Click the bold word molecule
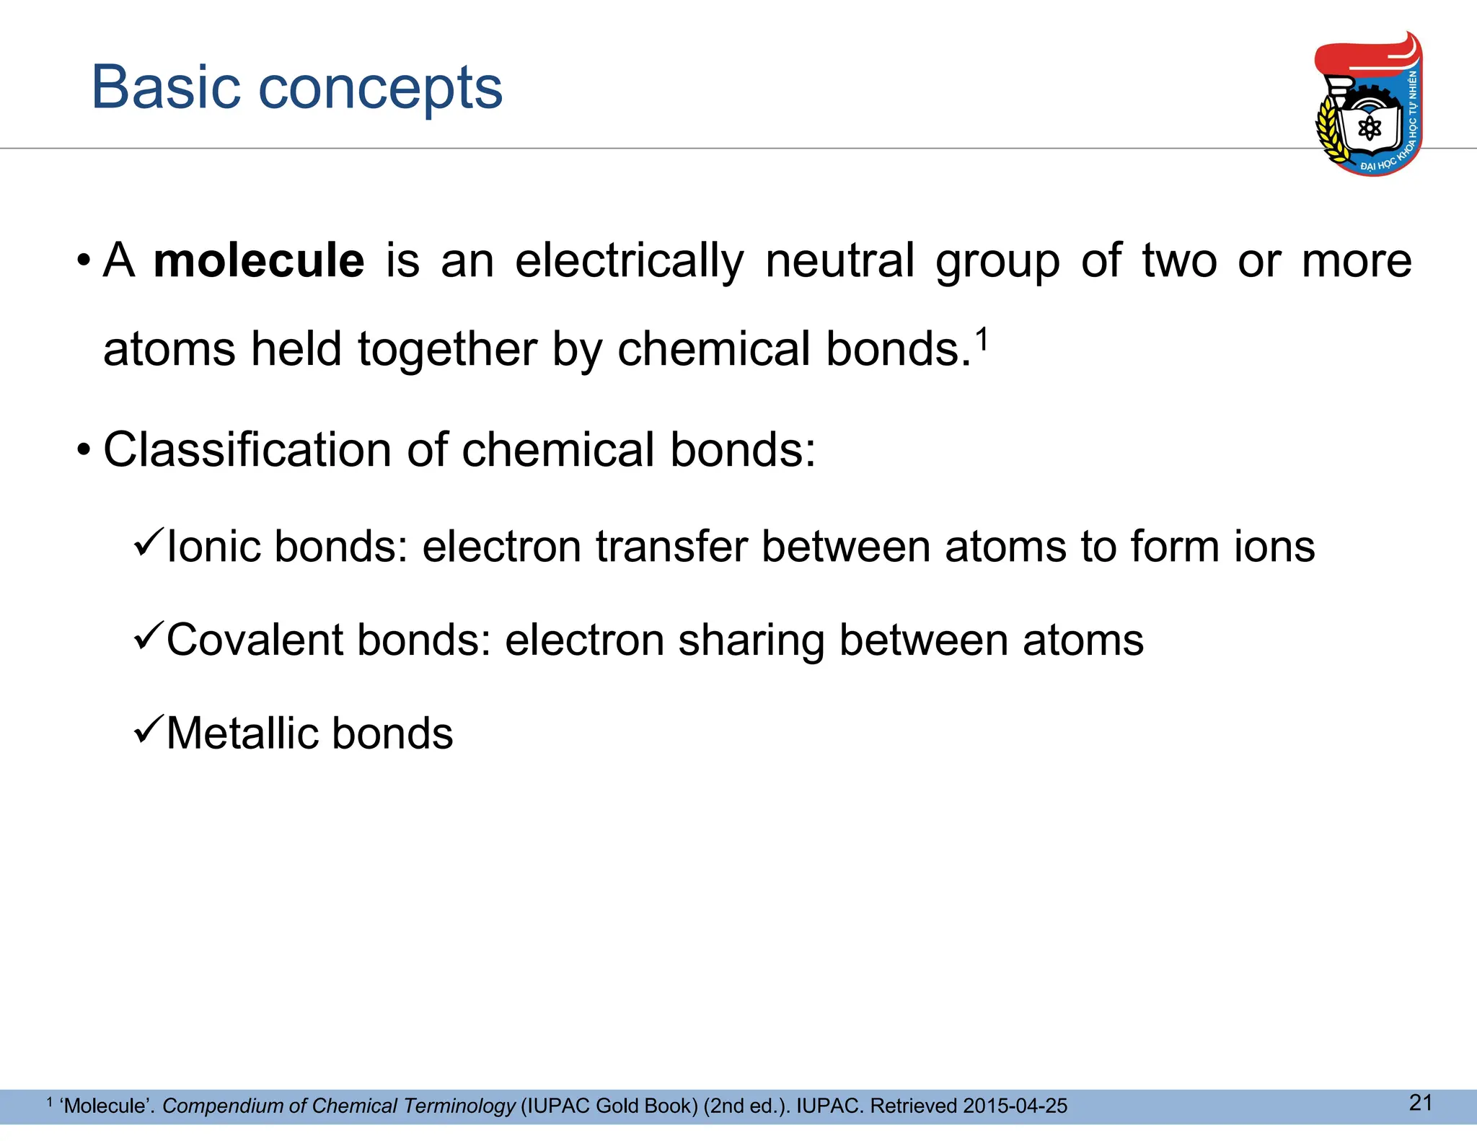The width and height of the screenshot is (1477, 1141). click(x=259, y=260)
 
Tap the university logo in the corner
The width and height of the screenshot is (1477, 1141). click(x=1368, y=105)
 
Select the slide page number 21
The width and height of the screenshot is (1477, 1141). click(x=1420, y=1102)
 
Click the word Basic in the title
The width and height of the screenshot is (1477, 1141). click(x=165, y=87)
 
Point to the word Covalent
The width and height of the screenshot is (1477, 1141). click(x=255, y=640)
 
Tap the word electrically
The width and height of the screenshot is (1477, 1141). click(x=629, y=260)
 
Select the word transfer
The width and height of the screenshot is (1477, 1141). click(x=671, y=546)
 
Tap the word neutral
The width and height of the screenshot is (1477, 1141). click(x=839, y=260)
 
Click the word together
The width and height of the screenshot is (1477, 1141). click(x=447, y=351)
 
